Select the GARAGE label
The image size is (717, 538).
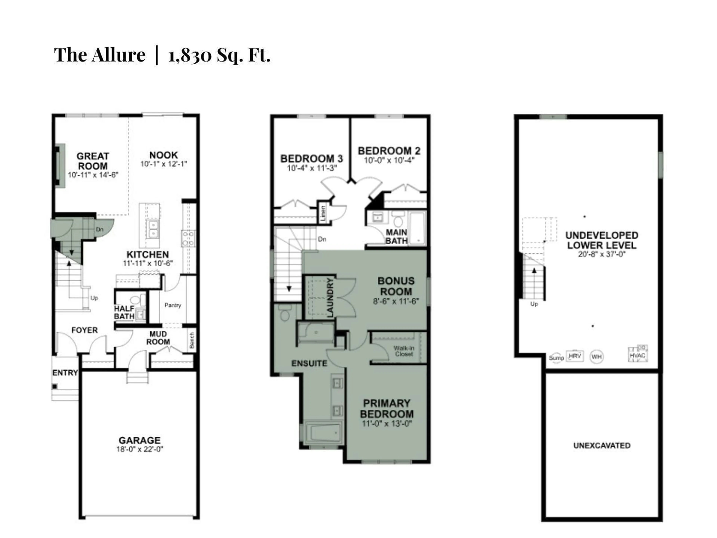(x=139, y=440)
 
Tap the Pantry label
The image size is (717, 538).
(x=173, y=305)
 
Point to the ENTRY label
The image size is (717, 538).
(x=65, y=373)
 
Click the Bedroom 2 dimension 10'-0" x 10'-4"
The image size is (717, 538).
(x=389, y=160)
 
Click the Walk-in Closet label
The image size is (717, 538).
(x=403, y=351)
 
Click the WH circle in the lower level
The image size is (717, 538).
(x=596, y=357)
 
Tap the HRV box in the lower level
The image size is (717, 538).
(x=575, y=356)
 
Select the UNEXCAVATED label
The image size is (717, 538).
(x=602, y=446)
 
